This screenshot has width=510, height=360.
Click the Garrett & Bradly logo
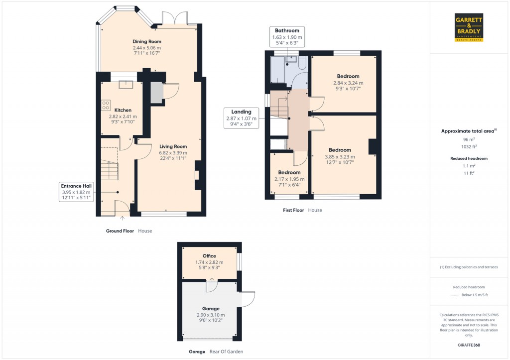tap(469, 28)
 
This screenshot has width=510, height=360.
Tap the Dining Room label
tap(146, 41)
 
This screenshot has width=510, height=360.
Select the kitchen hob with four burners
tap(106, 105)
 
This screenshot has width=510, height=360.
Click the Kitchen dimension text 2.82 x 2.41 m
tap(123, 117)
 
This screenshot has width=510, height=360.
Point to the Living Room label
tap(173, 146)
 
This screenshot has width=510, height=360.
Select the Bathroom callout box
tap(287, 37)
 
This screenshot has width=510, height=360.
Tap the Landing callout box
tap(241, 119)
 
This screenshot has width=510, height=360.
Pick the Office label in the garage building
tap(209, 256)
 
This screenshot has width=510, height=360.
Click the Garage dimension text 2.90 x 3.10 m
tap(210, 315)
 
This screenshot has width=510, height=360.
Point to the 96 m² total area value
tap(469, 140)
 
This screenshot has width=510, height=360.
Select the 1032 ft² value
tap(469, 147)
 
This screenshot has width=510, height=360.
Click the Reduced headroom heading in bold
tap(469, 158)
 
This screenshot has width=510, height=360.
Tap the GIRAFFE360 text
tap(469, 345)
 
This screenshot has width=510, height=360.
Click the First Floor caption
tap(293, 210)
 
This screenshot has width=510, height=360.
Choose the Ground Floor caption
tap(120, 231)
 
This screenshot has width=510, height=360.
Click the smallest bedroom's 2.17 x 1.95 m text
tap(289, 179)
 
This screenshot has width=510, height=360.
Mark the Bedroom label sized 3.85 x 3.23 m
tap(340, 150)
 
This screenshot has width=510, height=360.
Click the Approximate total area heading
tap(468, 131)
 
